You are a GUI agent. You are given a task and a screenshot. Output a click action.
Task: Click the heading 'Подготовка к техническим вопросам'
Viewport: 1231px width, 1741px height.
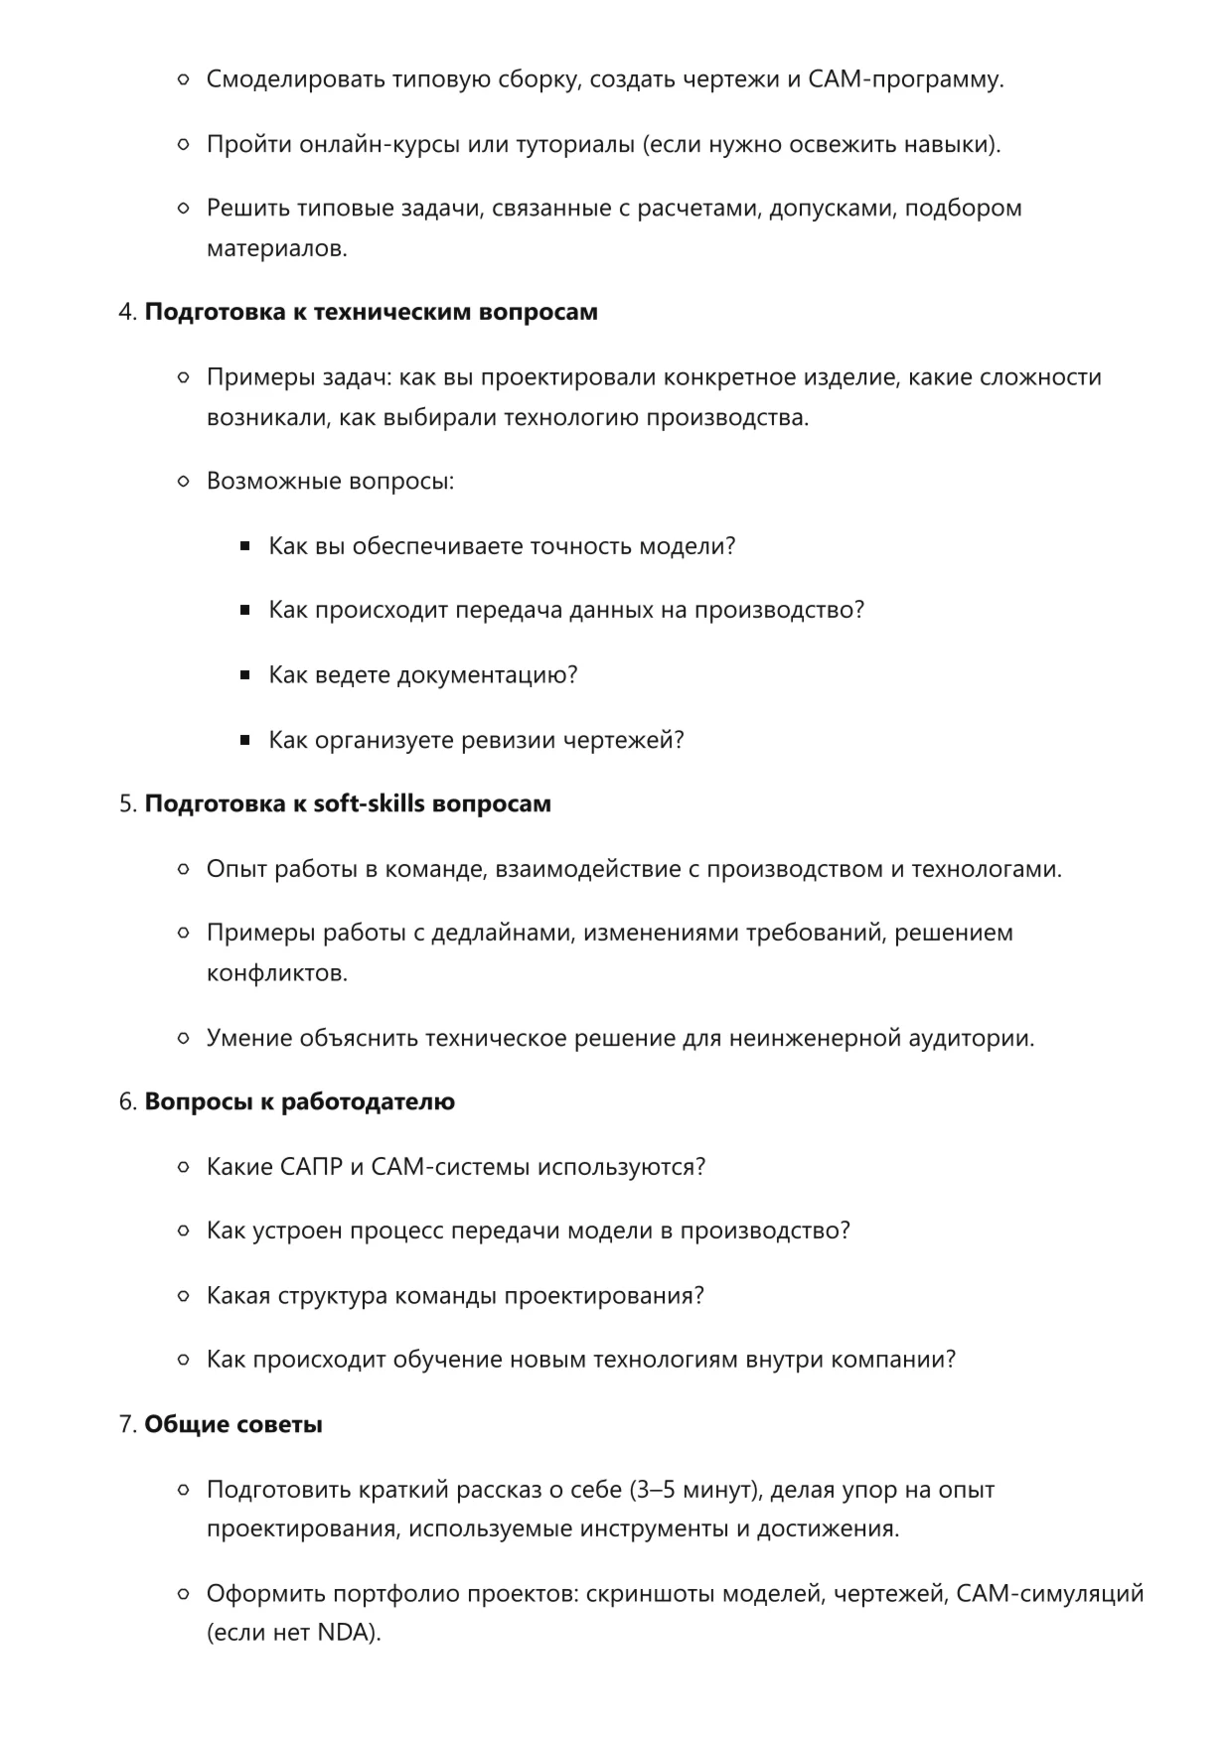(371, 312)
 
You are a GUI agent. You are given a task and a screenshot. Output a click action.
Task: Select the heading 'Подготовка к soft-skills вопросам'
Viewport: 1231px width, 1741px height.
(348, 803)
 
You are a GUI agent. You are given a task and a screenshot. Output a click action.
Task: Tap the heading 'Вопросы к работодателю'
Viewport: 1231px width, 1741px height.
(299, 1101)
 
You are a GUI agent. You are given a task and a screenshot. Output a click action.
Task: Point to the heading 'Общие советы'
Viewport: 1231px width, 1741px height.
(233, 1424)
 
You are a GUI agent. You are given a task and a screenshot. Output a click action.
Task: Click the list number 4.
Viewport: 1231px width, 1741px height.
(126, 312)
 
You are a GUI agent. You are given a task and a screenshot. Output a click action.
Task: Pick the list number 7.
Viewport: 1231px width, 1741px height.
(126, 1424)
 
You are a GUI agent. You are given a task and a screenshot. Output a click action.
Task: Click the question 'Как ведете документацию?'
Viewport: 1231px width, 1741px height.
(422, 675)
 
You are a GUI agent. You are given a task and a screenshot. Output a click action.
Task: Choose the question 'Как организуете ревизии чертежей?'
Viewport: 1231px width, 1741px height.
(476, 740)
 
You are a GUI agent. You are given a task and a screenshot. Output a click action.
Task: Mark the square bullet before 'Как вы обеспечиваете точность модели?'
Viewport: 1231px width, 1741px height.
(244, 546)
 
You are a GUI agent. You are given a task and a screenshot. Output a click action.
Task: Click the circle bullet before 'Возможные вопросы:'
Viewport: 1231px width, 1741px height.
(183, 482)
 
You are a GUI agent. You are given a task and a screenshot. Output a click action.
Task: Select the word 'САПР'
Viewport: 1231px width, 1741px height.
(311, 1166)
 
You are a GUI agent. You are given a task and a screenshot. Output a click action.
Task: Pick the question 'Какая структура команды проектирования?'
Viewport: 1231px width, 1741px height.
(455, 1296)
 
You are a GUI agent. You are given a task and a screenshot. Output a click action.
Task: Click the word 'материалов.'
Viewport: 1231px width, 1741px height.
(276, 248)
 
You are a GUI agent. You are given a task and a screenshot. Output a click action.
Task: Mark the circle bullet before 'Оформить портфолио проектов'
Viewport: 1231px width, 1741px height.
(183, 1594)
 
